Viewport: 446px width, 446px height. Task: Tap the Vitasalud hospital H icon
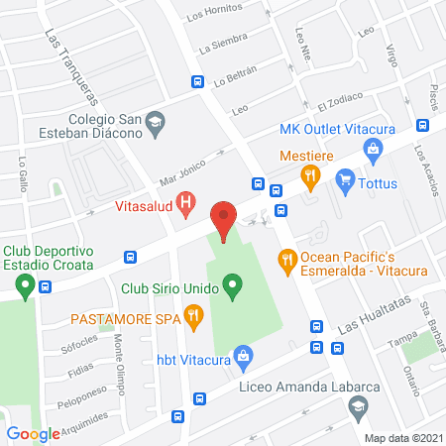pyautogui.click(x=185, y=205)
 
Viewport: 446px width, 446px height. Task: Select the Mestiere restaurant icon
pyautogui.click(x=310, y=176)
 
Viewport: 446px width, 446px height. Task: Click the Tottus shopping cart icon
pyautogui.click(x=346, y=179)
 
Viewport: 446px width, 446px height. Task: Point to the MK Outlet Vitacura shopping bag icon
pyautogui.click(x=374, y=151)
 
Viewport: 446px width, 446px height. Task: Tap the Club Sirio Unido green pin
pyautogui.click(x=233, y=290)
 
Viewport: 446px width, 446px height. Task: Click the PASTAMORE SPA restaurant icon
pyautogui.click(x=194, y=318)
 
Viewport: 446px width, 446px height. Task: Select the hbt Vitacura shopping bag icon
pyautogui.click(x=243, y=355)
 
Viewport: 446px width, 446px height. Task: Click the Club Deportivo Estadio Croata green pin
pyautogui.click(x=23, y=286)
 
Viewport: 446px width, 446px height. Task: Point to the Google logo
pyautogui.click(x=34, y=433)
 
